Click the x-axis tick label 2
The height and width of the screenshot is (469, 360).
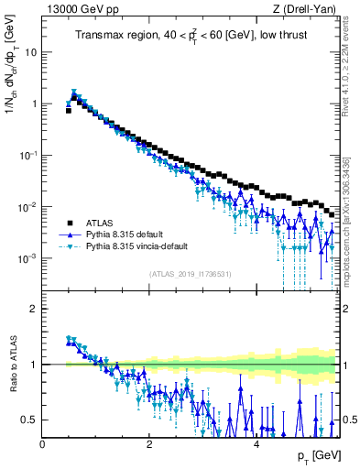(149, 443)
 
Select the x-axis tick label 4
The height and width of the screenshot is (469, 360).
(256, 443)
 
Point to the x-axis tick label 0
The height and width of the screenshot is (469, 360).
(42, 443)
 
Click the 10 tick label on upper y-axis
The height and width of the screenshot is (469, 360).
(30, 52)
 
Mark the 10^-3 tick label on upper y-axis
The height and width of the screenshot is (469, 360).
(28, 258)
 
